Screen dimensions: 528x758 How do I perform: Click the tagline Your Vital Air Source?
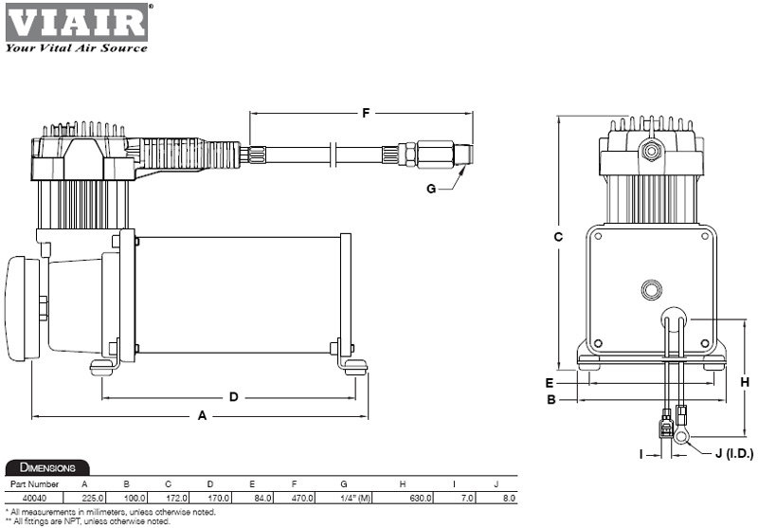76,47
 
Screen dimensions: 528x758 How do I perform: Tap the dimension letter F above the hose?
366,113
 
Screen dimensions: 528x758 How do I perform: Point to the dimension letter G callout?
431,189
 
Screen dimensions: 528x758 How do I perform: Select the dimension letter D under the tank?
234,396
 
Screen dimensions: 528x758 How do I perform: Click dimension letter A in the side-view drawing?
201,415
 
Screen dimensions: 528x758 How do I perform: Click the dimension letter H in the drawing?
745,382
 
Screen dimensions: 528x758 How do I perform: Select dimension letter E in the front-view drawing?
549,383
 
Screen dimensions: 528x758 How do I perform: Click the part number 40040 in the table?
34,497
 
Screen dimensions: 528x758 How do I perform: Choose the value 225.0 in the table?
93,497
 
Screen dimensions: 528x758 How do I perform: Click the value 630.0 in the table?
420,497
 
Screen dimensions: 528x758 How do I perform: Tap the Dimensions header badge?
47,467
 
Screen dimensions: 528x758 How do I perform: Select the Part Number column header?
34,484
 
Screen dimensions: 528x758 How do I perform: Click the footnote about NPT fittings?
87,521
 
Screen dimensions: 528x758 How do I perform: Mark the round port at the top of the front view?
650,149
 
